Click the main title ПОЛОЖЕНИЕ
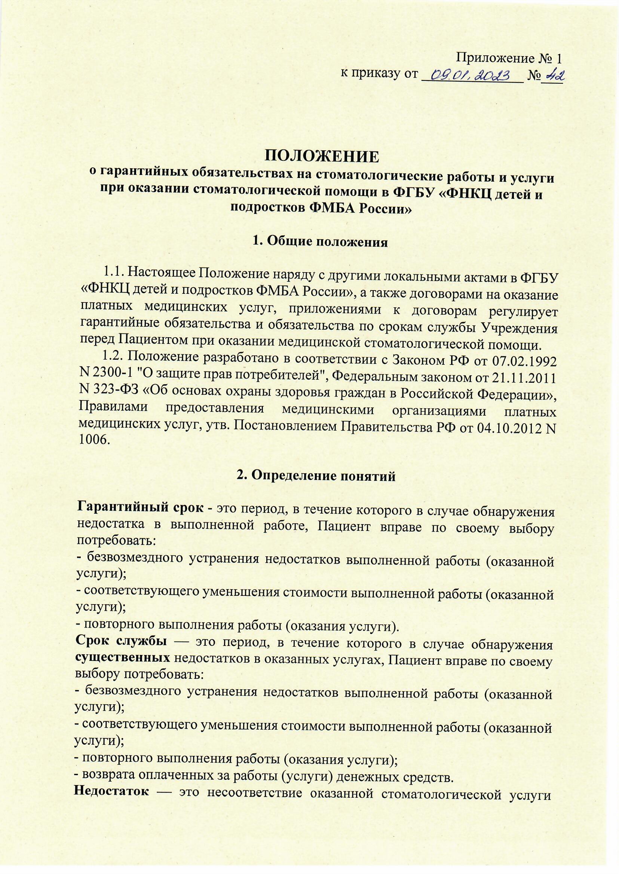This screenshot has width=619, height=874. coord(322,157)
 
